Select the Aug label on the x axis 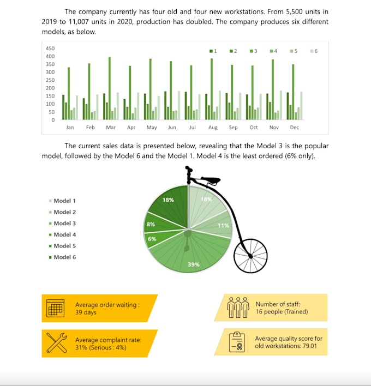click(x=213, y=128)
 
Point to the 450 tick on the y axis click(x=50, y=49)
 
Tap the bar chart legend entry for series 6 click(x=314, y=51)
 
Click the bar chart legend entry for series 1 click(x=213, y=51)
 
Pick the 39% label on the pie click(x=194, y=264)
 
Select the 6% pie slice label click(x=152, y=239)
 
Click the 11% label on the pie click(x=223, y=225)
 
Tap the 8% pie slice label click(x=151, y=224)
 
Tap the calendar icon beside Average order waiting click(x=56, y=309)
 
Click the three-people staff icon click(x=238, y=307)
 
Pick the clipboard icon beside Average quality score click(x=238, y=342)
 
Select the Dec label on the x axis click(x=295, y=128)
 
